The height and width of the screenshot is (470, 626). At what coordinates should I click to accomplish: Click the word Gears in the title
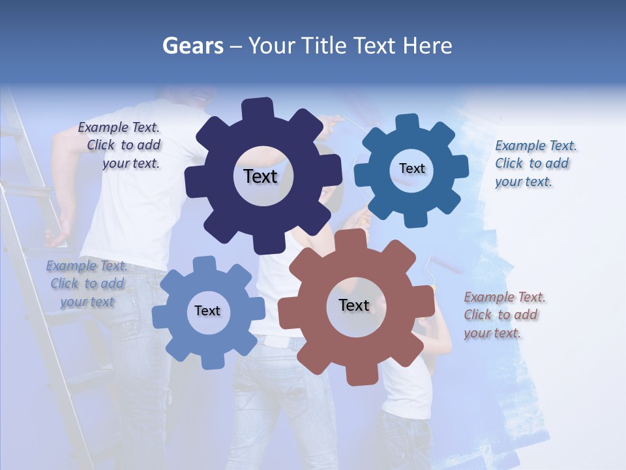[193, 46]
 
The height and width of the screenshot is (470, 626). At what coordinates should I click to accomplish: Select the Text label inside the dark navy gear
[260, 176]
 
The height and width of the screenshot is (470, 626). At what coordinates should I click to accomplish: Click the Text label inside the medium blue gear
[411, 168]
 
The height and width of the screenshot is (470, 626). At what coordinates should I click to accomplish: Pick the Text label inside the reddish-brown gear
[354, 305]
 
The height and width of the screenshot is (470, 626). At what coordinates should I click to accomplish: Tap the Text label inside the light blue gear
[207, 311]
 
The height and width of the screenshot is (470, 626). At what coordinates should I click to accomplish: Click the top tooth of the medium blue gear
[408, 123]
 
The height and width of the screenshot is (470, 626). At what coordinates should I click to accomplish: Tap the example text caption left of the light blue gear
[87, 283]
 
